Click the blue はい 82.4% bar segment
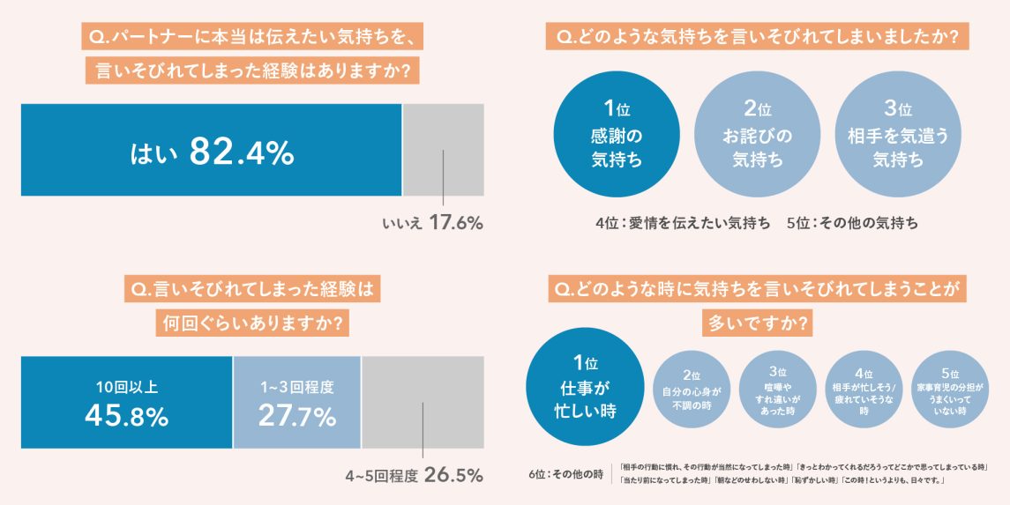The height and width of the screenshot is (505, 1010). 211,150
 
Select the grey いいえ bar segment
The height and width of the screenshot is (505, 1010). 443,150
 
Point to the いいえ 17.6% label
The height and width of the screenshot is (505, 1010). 432,223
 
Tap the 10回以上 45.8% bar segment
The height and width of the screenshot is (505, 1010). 126,403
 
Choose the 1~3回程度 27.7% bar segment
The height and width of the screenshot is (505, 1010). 296,403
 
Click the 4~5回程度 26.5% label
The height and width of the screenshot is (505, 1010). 414,476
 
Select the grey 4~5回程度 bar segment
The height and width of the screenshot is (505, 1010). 423,403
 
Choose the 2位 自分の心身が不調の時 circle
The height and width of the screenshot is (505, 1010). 691,391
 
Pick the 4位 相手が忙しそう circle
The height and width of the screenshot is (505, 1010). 864,391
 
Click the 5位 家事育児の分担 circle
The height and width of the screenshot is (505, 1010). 949,391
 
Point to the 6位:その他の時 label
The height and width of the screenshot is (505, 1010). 565,474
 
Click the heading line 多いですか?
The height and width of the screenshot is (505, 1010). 757,323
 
